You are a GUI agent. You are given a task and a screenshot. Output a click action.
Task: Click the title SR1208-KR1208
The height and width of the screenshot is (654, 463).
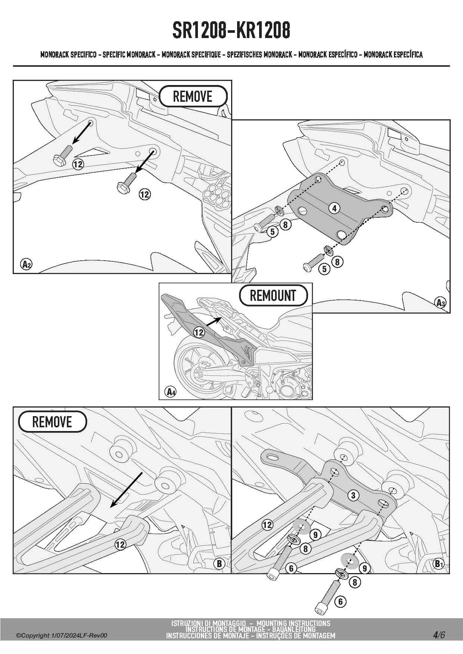pos(231,31)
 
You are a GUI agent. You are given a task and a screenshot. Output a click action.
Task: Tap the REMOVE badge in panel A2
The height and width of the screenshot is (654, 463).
pos(193,96)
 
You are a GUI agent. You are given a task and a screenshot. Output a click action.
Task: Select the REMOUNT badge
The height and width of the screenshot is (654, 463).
pos(273,295)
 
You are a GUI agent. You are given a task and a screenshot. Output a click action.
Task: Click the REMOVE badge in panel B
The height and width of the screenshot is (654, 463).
pos(52,422)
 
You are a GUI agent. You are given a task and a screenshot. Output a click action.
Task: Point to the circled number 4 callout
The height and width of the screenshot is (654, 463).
pos(334,208)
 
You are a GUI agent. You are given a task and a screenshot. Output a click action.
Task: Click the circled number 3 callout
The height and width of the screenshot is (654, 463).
pos(353,495)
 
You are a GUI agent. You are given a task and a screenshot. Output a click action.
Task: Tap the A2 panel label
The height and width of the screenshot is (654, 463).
pos(26,264)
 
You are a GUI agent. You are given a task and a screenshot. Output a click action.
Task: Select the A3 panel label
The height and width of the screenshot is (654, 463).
pos(441,302)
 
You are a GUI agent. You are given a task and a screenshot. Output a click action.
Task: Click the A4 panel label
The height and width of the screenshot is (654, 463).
pos(171,392)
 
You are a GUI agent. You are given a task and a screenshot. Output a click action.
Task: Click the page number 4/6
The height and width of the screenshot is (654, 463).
pos(439,635)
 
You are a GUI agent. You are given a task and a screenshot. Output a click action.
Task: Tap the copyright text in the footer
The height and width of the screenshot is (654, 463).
pos(62,635)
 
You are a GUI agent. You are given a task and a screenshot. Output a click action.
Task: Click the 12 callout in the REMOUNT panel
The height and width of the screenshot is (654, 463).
pos(199,332)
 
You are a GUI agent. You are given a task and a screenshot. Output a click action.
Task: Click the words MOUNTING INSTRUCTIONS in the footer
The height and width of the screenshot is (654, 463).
pos(293,623)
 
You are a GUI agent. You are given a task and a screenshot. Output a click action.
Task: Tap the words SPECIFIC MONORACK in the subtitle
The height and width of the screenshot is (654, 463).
pos(129,55)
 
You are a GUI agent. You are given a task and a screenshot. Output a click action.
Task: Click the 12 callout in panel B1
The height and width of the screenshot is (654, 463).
pos(267,525)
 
